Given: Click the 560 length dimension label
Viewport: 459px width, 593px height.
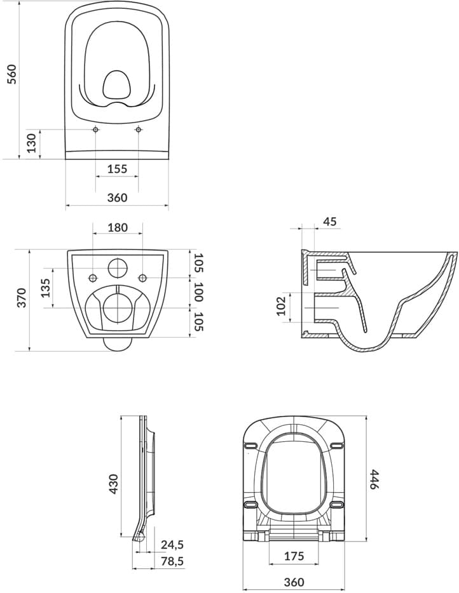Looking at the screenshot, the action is pos(13,74).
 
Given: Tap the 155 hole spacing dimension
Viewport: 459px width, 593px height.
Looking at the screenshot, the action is pos(117,169).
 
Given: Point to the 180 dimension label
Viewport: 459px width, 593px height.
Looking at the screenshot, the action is pos(118,228).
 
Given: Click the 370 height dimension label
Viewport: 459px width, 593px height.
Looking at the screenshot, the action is pos(22,297).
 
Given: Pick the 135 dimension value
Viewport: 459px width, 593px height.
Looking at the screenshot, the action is pos(45,288).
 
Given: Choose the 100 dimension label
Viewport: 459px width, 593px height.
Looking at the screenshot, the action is pos(198,291).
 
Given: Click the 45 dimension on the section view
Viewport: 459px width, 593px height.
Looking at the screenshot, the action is pos(329,221).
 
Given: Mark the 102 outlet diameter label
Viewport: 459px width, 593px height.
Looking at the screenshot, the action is pos(280,306).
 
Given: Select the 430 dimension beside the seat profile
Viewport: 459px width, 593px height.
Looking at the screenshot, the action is pos(113,484).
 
